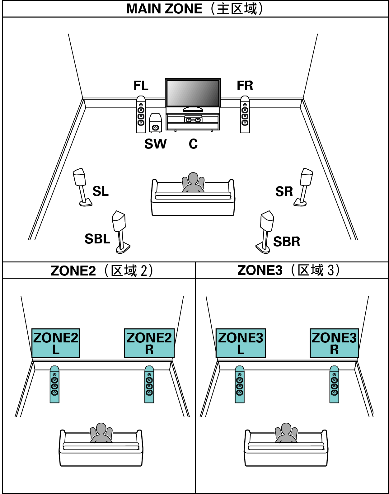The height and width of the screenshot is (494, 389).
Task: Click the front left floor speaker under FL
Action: click(x=141, y=115)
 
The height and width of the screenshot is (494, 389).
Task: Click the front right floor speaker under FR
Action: click(x=245, y=115)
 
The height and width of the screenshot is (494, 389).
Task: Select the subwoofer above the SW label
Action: click(x=155, y=123)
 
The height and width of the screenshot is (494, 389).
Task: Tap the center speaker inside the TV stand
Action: click(x=193, y=119)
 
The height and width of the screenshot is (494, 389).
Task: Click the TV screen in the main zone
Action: click(x=193, y=93)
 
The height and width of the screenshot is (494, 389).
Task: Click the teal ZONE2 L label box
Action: click(x=56, y=343)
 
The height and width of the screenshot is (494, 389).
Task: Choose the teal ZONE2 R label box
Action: click(x=149, y=343)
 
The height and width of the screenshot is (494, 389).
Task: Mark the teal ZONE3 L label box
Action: click(x=241, y=343)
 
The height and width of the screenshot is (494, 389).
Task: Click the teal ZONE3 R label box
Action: click(x=334, y=343)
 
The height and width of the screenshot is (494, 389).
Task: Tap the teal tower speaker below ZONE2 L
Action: click(x=54, y=385)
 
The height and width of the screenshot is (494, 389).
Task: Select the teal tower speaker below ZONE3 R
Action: click(x=334, y=385)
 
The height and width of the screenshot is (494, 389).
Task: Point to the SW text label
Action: click(x=155, y=144)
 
